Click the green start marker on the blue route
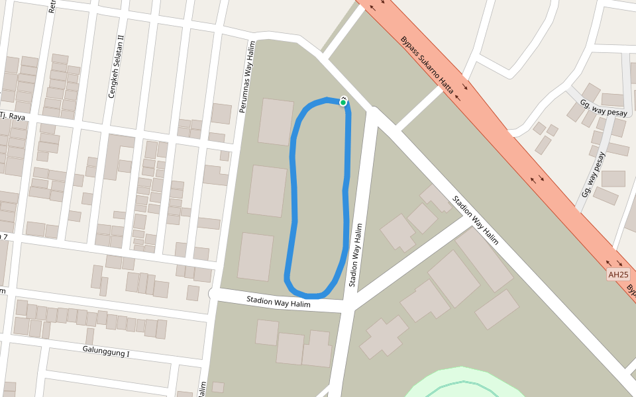point(343,102)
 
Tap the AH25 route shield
point(617,275)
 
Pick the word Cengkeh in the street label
point(113,85)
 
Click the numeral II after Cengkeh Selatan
point(121,38)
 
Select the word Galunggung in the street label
point(102,351)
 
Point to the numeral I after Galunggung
point(128,355)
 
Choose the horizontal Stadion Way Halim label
point(278,301)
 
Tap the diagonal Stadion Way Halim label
point(474,220)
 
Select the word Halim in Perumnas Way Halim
point(250,50)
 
